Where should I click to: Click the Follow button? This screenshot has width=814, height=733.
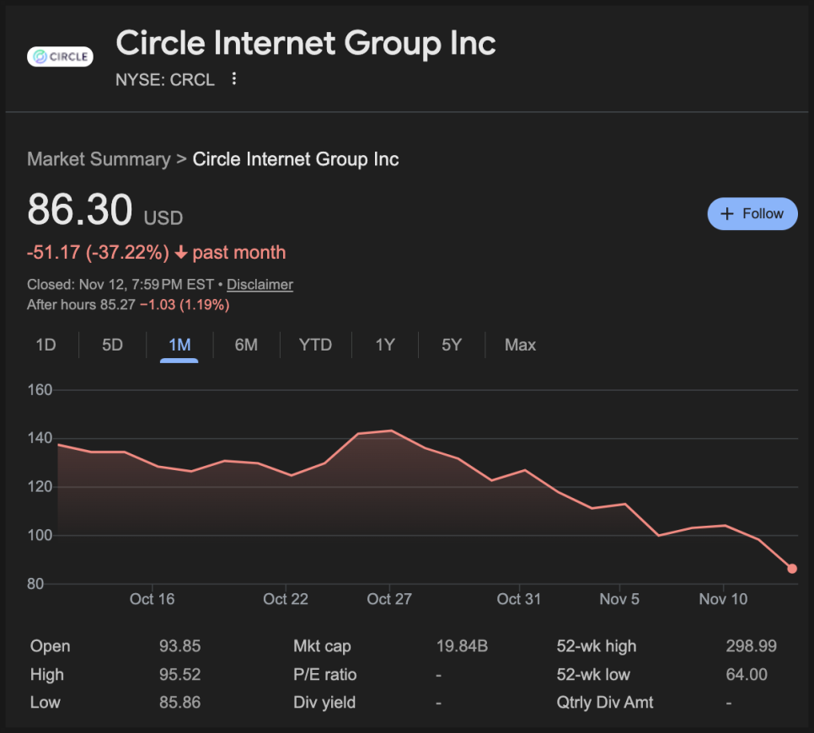(752, 214)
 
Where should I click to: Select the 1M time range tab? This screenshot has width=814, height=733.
(179, 345)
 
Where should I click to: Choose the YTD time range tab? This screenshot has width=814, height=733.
(315, 345)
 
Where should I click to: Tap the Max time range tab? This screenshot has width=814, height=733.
(520, 345)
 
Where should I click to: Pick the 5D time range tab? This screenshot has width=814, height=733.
(112, 345)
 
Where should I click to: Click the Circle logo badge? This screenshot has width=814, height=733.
(60, 57)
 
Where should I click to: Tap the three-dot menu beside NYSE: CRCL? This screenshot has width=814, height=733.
(234, 79)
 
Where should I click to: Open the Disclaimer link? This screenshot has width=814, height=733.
(260, 285)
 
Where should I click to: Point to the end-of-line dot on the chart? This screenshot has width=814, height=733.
(792, 569)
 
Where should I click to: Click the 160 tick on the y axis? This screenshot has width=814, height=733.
(40, 390)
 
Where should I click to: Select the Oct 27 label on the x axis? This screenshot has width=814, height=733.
(389, 599)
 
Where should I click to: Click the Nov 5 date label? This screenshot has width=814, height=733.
(619, 599)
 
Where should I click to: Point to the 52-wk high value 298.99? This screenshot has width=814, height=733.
(751, 646)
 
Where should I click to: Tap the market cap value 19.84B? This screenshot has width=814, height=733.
(462, 646)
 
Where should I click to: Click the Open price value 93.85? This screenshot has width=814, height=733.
(179, 646)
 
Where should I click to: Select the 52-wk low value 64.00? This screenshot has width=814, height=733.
(746, 674)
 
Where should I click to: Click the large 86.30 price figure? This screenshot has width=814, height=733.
(80, 210)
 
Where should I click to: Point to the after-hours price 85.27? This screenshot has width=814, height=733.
(117, 304)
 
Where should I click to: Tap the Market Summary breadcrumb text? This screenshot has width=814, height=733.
(98, 159)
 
